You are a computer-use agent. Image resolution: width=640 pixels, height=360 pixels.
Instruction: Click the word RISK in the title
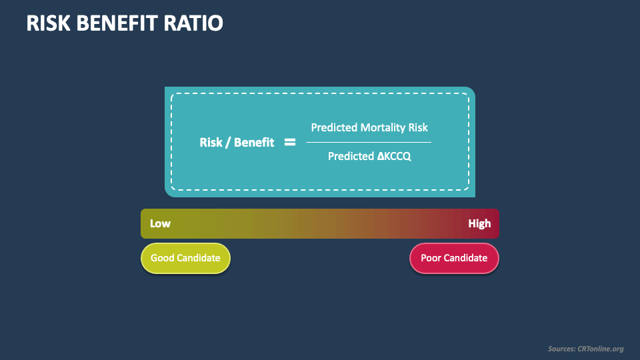(x=47, y=23)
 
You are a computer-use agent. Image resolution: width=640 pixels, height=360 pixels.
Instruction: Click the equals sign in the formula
(x=290, y=142)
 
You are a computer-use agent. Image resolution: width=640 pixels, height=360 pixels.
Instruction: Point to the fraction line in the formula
(x=369, y=142)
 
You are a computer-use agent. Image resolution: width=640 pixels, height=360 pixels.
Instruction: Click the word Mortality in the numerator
(x=383, y=127)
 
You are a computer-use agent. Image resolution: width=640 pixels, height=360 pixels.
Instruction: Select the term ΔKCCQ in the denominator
(x=394, y=156)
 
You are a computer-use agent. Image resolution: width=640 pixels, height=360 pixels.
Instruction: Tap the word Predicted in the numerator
(x=334, y=127)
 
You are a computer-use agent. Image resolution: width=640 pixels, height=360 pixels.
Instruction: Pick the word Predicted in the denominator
(x=351, y=156)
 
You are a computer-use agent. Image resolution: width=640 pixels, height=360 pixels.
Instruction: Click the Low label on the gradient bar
(x=160, y=223)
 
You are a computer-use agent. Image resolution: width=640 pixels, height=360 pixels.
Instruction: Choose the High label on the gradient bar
(x=479, y=223)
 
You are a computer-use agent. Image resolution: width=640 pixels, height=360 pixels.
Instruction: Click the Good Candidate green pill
(x=185, y=258)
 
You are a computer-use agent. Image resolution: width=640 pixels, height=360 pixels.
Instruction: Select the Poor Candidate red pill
(x=454, y=258)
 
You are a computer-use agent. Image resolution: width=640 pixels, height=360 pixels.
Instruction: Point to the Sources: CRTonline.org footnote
(x=585, y=349)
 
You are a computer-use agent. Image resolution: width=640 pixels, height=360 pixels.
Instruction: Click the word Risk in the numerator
(x=417, y=127)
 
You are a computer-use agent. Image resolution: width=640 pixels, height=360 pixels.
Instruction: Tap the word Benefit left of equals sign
(x=253, y=143)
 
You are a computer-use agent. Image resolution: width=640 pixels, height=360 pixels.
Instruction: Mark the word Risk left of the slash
(x=211, y=143)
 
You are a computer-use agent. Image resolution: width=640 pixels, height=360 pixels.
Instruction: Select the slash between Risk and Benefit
(x=227, y=143)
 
